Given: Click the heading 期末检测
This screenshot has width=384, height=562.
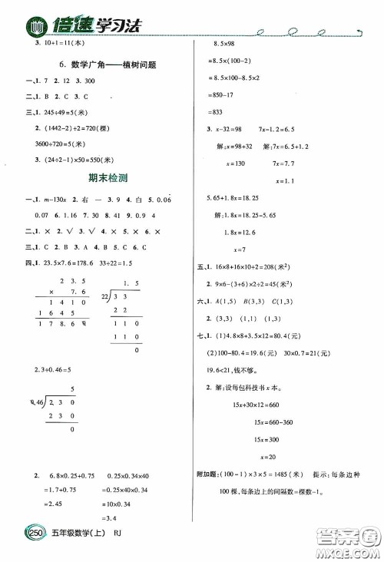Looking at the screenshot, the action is pos(105,177).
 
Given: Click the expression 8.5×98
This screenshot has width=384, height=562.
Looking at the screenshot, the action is pos(223,46).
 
